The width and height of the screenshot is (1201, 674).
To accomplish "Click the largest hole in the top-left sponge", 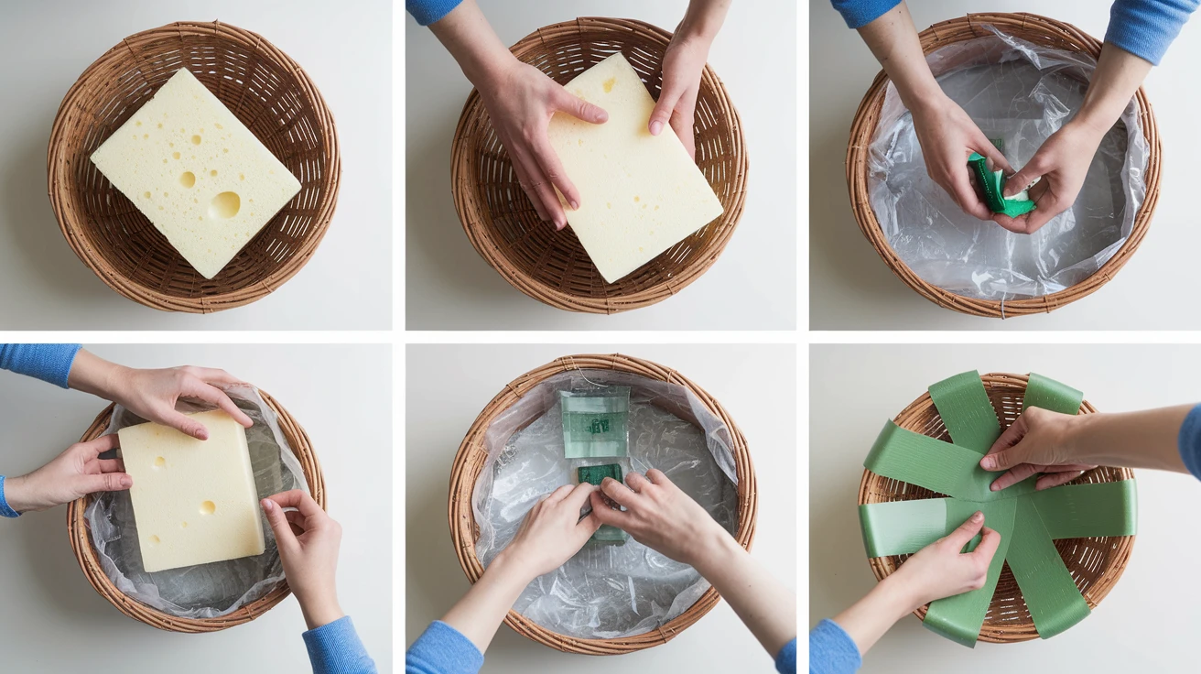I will click(225, 205).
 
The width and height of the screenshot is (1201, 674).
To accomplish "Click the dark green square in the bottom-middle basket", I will click(600, 475).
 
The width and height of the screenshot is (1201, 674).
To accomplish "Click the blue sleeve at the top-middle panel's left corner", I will click(432, 11).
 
